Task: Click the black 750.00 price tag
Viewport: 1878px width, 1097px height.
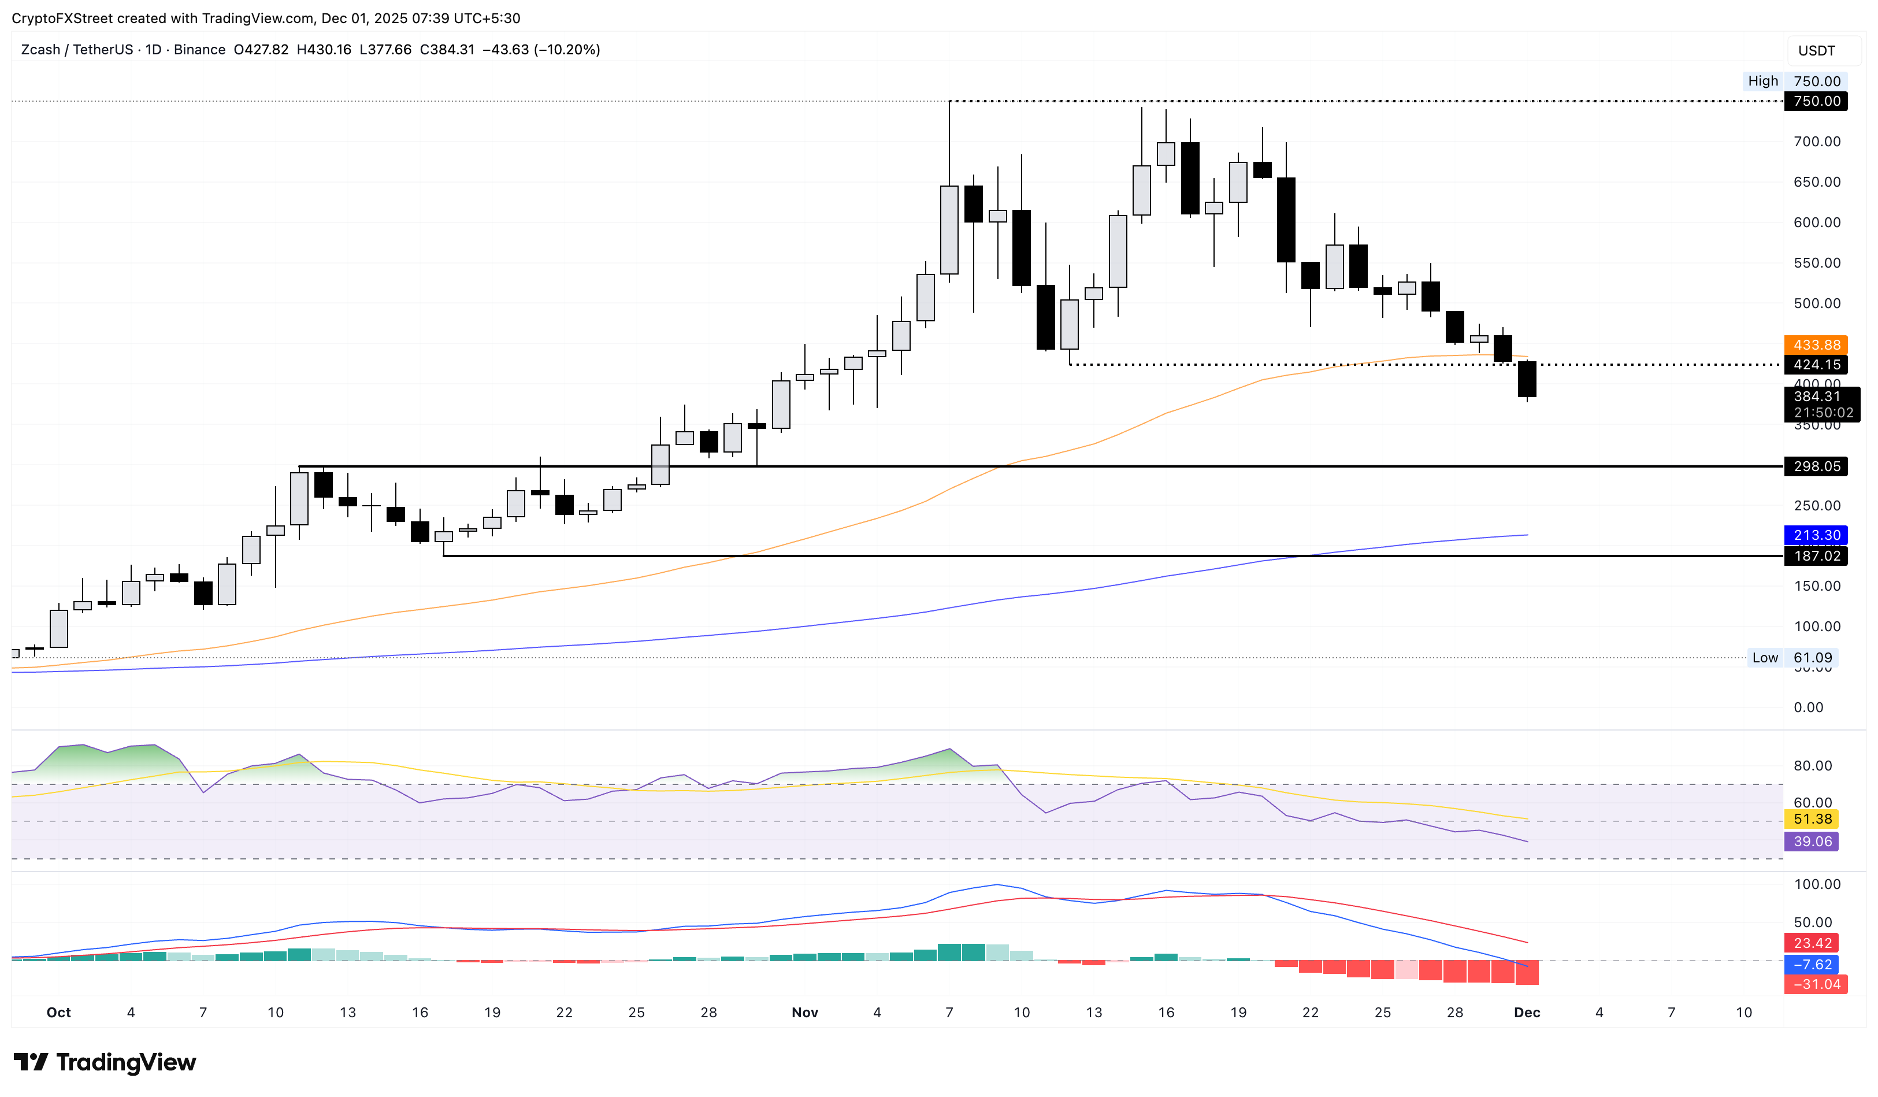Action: coord(1816,101)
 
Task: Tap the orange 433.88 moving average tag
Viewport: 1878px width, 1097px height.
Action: coord(1816,345)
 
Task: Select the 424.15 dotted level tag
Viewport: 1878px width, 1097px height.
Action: coord(1816,365)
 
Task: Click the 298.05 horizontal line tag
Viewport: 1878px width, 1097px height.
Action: coord(1816,466)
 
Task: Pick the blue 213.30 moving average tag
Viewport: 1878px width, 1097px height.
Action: coord(1816,535)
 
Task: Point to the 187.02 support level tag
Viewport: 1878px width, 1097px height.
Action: coord(1816,556)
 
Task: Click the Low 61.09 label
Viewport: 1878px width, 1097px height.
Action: coord(1792,657)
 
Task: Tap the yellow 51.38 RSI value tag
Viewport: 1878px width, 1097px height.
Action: coord(1812,819)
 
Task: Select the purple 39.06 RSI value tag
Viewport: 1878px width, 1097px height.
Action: coord(1812,842)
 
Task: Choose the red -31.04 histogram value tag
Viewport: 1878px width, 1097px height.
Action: coord(1816,984)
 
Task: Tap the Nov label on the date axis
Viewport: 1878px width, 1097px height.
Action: coord(805,1012)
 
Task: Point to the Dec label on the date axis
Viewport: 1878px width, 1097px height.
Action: coord(1527,1012)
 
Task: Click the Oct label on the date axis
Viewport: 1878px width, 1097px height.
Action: coord(58,1012)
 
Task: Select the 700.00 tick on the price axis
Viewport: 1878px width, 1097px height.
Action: coord(1816,142)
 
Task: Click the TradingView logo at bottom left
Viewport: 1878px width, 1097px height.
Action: coord(105,1062)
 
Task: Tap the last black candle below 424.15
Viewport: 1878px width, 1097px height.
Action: coord(1527,379)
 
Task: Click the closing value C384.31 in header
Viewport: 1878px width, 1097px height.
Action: coord(447,50)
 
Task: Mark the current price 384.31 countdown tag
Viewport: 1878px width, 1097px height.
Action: coord(1821,405)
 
